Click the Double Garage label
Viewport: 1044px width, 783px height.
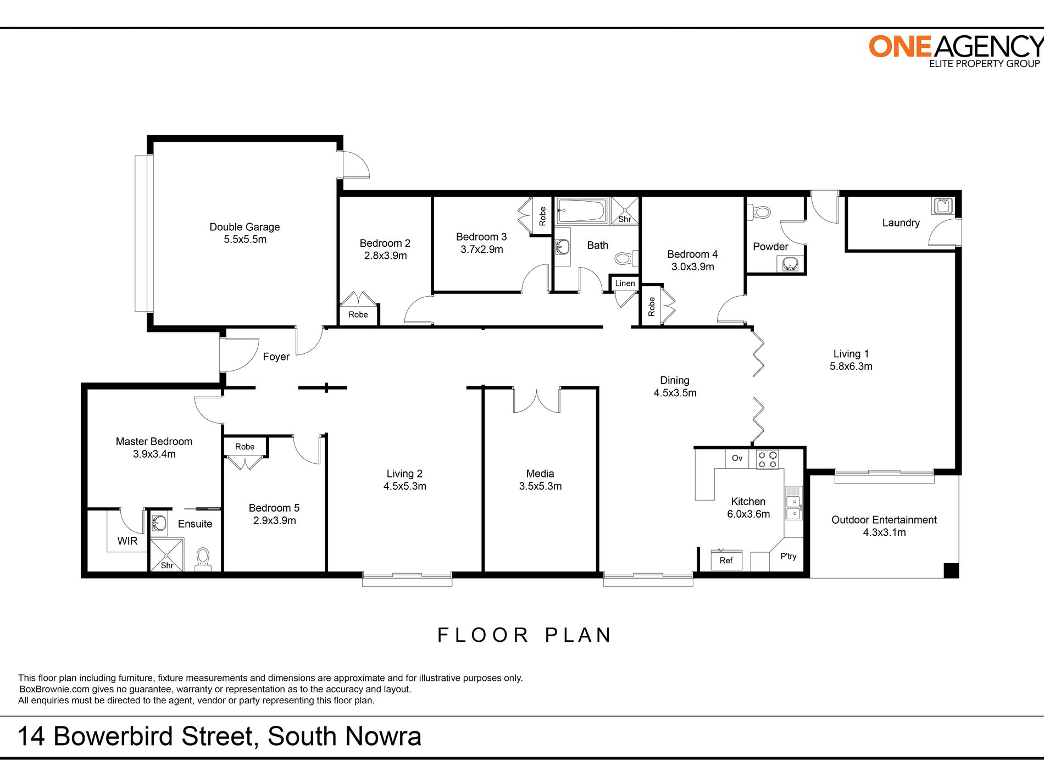pyautogui.click(x=245, y=227)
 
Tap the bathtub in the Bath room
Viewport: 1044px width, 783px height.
pyautogui.click(x=581, y=210)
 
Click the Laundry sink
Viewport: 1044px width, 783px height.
pyautogui.click(x=943, y=206)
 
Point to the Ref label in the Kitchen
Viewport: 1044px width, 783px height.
pyautogui.click(x=726, y=560)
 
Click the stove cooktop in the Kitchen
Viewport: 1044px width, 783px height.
pyautogui.click(x=768, y=459)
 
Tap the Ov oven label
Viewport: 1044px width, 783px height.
pyautogui.click(x=737, y=458)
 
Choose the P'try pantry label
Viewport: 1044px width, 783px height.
pyautogui.click(x=788, y=556)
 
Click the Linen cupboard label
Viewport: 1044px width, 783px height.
pyautogui.click(x=625, y=284)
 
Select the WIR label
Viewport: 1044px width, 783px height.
pyautogui.click(x=127, y=541)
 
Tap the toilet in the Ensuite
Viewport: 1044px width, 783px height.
pyautogui.click(x=203, y=558)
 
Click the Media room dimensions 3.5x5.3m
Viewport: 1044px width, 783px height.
pyautogui.click(x=540, y=486)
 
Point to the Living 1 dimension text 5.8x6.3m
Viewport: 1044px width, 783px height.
pyautogui.click(x=851, y=366)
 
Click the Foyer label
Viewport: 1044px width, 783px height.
pyautogui.click(x=276, y=357)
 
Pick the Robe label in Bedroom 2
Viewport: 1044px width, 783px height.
pyautogui.click(x=358, y=315)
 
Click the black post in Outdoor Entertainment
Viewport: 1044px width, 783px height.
pyautogui.click(x=951, y=570)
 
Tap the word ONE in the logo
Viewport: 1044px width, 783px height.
pyautogui.click(x=901, y=47)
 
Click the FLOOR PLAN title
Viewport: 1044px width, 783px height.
pyautogui.click(x=524, y=635)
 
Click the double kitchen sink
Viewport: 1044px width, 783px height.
pyautogui.click(x=793, y=507)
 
